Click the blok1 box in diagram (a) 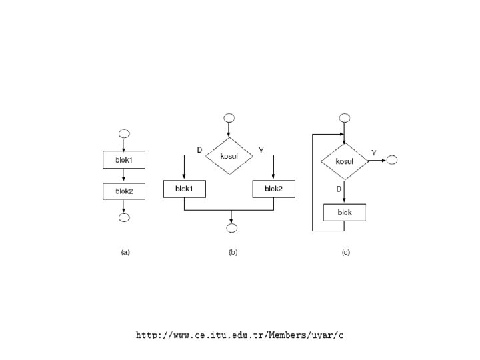coord(124,160)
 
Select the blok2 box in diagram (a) coord(124,191)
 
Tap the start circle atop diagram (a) coord(124,132)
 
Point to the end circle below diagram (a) coord(124,217)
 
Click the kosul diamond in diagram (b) coord(229,155)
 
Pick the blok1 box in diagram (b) coord(185,189)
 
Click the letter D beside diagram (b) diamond coord(199,150)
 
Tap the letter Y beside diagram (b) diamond coord(261,150)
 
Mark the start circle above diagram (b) coord(229,119)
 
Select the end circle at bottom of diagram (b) coord(231,229)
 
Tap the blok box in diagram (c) coord(344,213)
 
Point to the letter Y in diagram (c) coord(374,153)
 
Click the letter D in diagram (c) coord(339,189)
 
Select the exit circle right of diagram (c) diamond coord(391,160)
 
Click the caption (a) coord(125,253)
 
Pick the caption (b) coord(233,253)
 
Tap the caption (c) coord(345,253)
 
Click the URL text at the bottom coord(239,335)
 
